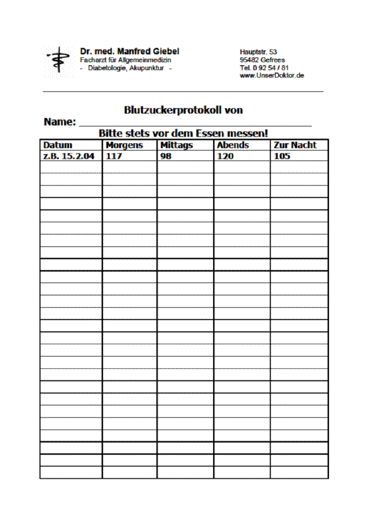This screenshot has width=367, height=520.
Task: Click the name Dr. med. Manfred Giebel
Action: (130, 51)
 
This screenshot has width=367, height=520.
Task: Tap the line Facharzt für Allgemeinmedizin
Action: (126, 60)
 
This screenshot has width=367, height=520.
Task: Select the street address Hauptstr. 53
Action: (258, 52)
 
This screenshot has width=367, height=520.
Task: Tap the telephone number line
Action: (264, 68)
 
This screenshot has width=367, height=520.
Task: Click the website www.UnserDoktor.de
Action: (272, 76)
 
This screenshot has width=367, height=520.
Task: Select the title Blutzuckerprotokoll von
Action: (183, 110)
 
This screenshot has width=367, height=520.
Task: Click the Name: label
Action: (60, 122)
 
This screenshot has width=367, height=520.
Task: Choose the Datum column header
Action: (58, 145)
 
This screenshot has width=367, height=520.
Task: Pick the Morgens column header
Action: (124, 145)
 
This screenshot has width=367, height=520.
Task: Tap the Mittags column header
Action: (177, 145)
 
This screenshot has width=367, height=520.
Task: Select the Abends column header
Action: (233, 145)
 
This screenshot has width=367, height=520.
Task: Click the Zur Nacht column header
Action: (295, 145)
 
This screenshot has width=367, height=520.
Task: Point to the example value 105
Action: (282, 156)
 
